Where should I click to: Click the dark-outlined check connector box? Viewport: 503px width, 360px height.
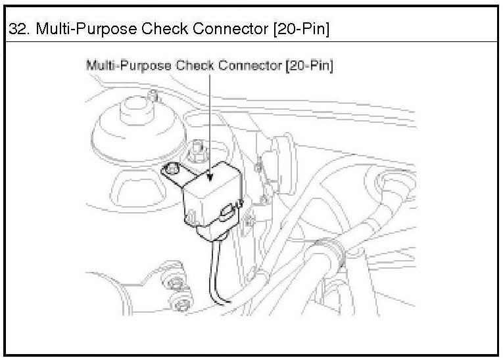pos(209,197)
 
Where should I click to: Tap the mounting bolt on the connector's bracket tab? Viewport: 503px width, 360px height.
pos(172,168)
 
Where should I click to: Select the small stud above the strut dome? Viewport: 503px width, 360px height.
pos(153,96)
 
